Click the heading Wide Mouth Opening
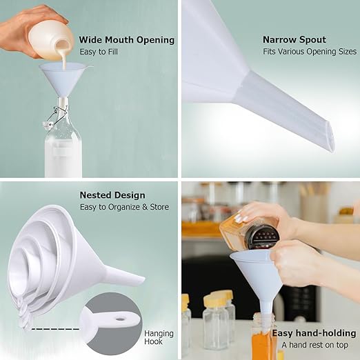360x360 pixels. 127,40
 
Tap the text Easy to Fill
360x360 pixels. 99,52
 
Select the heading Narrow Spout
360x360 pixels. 294,39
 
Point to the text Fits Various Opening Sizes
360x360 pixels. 310,52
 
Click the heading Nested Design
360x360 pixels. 112,195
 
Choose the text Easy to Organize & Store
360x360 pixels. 124,207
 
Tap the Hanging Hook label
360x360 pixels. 159,337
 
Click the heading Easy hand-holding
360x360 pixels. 314,333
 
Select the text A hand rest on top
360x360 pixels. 315,345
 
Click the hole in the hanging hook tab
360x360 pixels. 119,319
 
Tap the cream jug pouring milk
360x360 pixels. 52,37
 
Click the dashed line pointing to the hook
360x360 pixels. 55,329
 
